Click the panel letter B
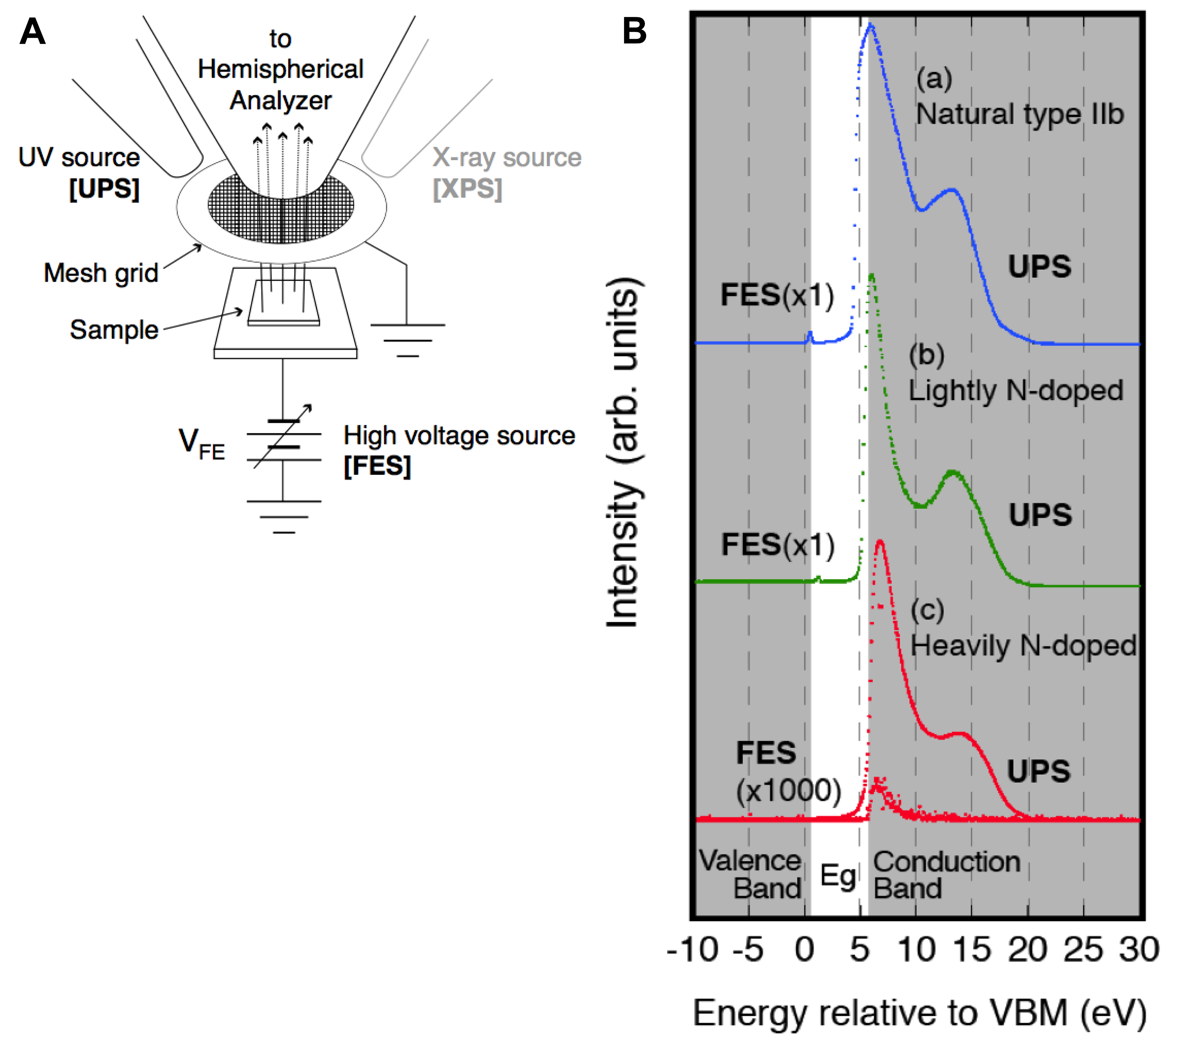click(635, 31)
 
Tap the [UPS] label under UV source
click(104, 189)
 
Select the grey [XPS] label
click(467, 189)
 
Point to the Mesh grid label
click(101, 273)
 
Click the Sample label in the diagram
click(114, 330)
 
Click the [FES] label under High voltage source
click(377, 466)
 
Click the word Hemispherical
click(280, 69)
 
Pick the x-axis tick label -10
click(692, 950)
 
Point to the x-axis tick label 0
click(804, 950)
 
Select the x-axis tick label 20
click(1027, 950)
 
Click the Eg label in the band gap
click(837, 876)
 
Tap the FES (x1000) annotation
click(787, 772)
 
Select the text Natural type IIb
click(1020, 114)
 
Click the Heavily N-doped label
click(1023, 645)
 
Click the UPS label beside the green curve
click(1040, 514)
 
